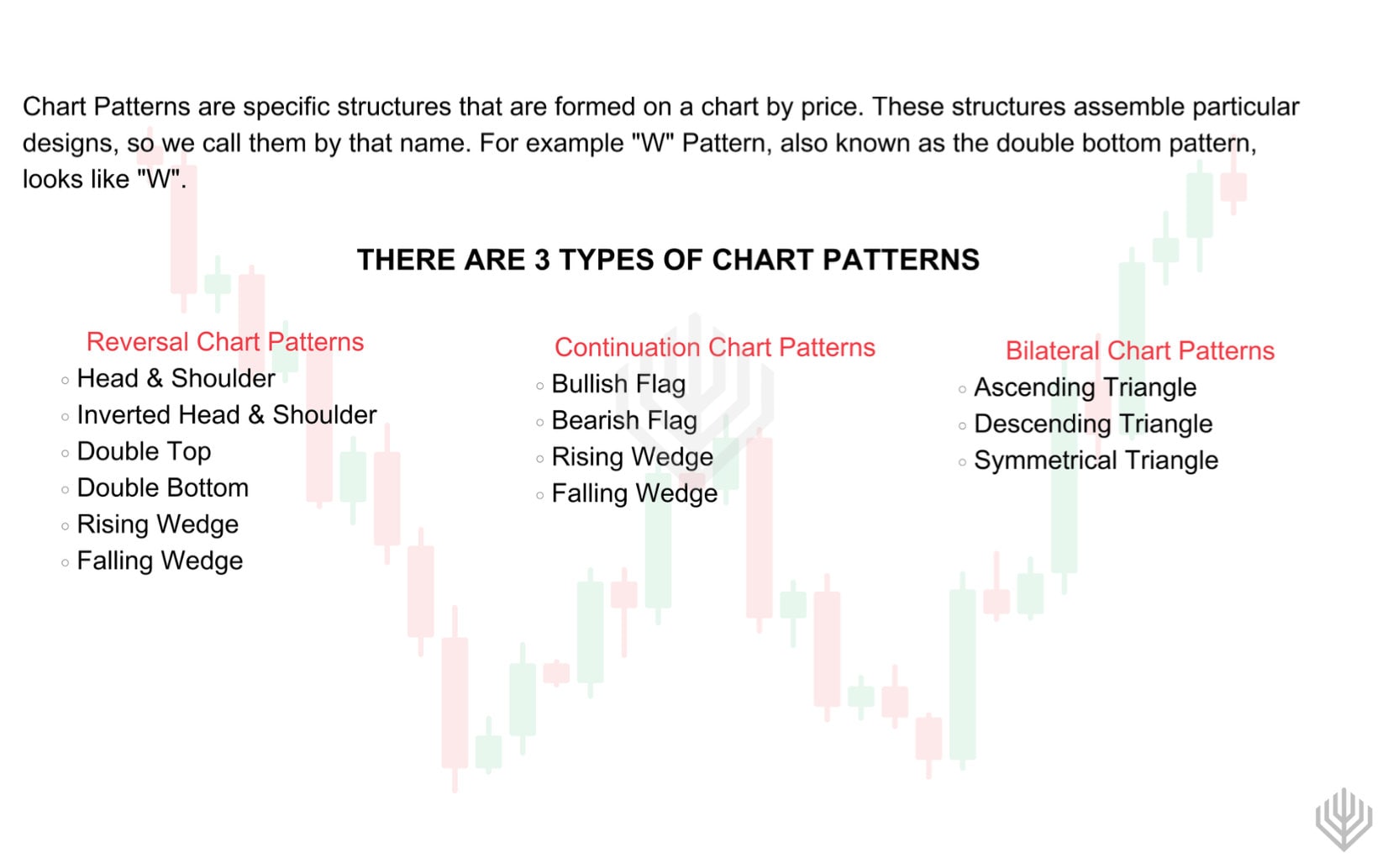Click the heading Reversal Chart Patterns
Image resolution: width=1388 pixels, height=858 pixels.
[x=225, y=342]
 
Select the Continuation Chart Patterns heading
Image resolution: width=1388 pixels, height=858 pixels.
[x=714, y=347]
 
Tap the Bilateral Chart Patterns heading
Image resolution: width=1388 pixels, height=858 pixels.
[x=1139, y=350]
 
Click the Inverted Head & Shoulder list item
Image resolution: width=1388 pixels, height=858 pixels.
[x=226, y=415]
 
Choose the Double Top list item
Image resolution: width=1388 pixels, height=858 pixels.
[x=144, y=451]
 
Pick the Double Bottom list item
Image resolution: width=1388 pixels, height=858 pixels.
[x=162, y=488]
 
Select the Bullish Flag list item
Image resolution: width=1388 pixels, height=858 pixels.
[x=618, y=384]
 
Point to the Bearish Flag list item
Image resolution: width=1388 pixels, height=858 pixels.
[x=624, y=420]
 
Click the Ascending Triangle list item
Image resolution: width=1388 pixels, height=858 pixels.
[x=1085, y=387]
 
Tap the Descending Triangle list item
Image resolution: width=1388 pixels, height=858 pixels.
[x=1092, y=424]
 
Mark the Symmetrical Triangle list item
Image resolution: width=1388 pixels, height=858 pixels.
[x=1096, y=461]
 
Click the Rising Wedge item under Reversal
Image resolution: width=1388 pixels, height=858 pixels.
[x=157, y=524]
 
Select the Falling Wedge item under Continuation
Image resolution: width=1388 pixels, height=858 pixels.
[x=634, y=493]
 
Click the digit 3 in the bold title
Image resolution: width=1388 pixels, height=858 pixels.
[x=542, y=261]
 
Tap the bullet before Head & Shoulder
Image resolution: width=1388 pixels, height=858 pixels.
[x=65, y=381]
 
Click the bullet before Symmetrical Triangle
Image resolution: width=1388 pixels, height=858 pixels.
[x=962, y=462]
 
